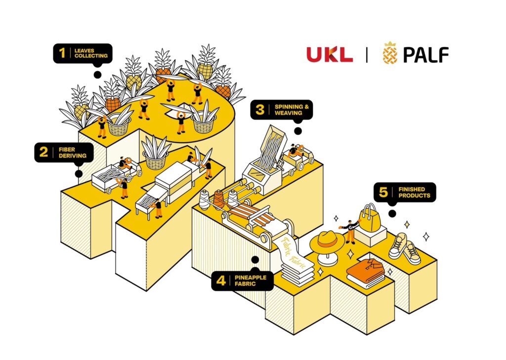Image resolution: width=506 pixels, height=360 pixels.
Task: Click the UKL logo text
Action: click(x=330, y=54)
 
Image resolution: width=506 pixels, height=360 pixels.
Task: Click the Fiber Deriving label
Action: click(x=63, y=152)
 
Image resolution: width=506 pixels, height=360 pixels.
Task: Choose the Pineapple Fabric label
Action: click(x=242, y=281)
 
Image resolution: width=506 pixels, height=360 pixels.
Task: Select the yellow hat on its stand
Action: click(x=327, y=242)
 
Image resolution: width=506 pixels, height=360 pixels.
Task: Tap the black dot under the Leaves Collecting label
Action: click(x=97, y=75)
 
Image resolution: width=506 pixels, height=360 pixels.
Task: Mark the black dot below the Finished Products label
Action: click(x=392, y=213)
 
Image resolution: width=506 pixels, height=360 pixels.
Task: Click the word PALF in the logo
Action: click(x=425, y=54)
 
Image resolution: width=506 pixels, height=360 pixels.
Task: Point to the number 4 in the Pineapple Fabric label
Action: click(x=221, y=281)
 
